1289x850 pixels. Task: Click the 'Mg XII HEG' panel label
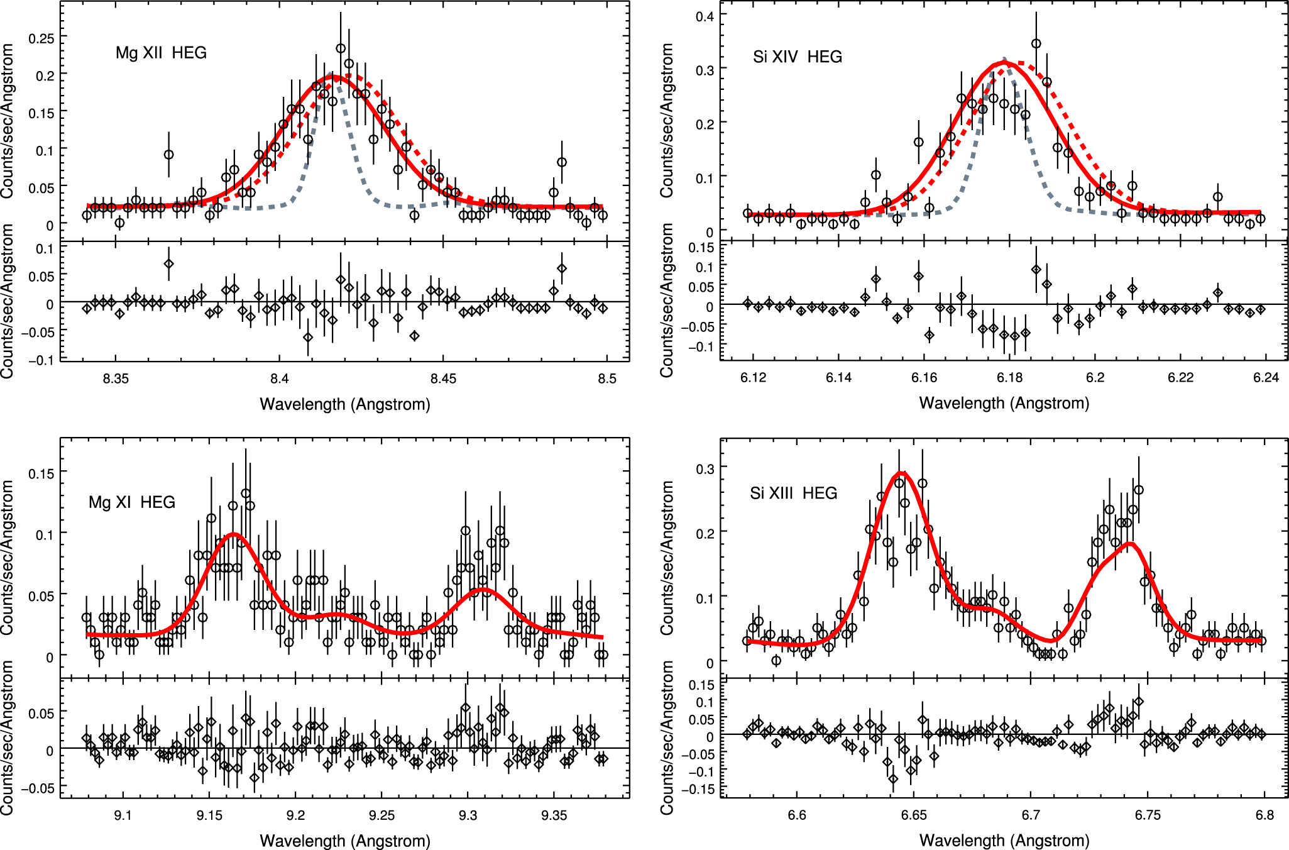coord(161,53)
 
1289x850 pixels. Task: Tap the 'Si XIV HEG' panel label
coord(797,57)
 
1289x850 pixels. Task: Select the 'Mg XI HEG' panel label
coord(132,502)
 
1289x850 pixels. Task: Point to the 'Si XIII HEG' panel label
coord(793,494)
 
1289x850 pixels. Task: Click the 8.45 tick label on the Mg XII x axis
coord(443,378)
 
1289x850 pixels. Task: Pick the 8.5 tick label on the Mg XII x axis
coord(606,378)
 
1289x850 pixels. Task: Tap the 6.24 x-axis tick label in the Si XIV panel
coord(1266,377)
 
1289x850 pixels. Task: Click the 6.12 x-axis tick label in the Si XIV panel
coord(753,377)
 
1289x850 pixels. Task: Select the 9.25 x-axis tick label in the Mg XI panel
coord(381,815)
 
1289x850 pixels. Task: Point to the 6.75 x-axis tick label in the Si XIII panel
coord(1148,815)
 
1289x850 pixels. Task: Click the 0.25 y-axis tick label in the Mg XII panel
coord(41,39)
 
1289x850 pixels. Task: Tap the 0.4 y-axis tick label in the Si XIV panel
coord(705,16)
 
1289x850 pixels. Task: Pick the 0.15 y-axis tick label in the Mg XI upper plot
coord(41,473)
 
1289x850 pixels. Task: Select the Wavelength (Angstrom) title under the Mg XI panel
coord(345,841)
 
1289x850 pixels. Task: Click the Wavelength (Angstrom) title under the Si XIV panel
coord(1004,403)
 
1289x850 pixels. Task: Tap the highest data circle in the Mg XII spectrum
coord(341,48)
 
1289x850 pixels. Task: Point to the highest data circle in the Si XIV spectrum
coord(1036,44)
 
